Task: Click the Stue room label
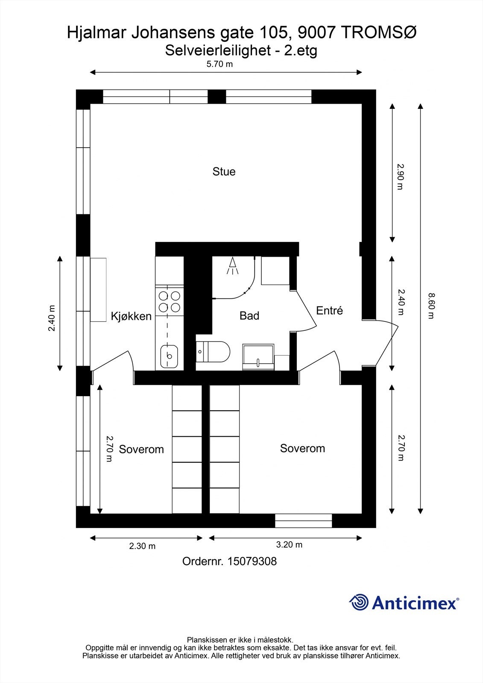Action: click(224, 172)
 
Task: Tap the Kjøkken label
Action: click(131, 316)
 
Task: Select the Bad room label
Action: click(249, 316)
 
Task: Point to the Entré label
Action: click(329, 311)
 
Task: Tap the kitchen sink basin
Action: click(169, 356)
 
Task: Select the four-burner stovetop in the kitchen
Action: click(169, 301)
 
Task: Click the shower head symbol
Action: click(233, 266)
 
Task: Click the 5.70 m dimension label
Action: click(220, 64)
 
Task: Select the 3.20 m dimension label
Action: click(289, 545)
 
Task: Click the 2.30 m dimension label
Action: click(142, 546)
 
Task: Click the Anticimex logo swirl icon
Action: click(359, 603)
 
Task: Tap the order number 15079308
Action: click(252, 561)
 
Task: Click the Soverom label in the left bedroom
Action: click(141, 449)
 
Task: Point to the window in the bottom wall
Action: click(303, 521)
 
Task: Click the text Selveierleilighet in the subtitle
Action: click(217, 51)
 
